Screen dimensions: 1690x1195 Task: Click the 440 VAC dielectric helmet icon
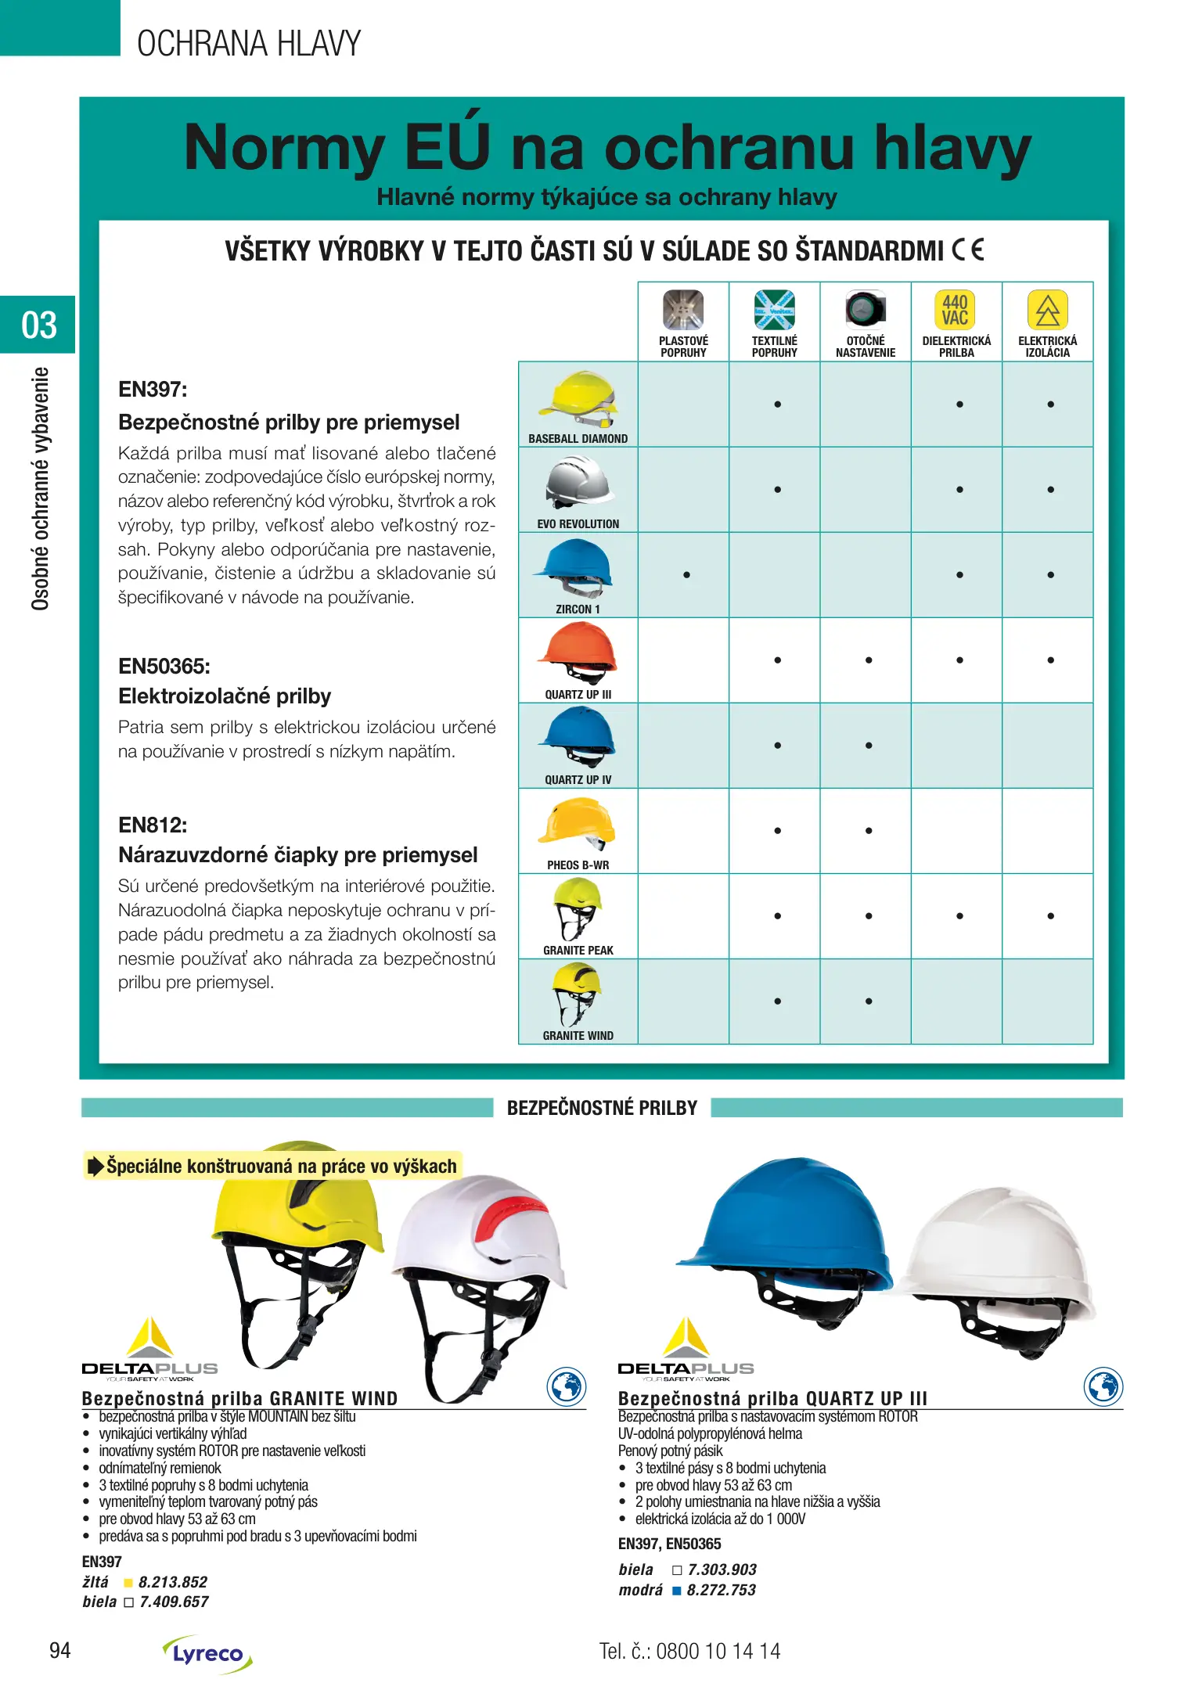coord(956,310)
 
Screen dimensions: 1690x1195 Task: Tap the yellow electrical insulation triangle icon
coord(1047,310)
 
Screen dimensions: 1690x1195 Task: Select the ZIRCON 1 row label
coord(578,609)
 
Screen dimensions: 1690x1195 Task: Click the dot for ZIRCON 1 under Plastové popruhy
coord(686,575)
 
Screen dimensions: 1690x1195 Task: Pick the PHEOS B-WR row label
coord(578,865)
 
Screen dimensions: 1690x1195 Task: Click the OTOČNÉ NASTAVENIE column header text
coord(865,347)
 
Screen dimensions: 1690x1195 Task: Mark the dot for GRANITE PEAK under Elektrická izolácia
coord(1050,915)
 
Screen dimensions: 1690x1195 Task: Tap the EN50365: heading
coord(164,666)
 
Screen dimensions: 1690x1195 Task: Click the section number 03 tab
coord(38,325)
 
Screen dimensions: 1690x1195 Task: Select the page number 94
coord(60,1650)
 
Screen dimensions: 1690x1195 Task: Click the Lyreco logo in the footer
coord(207,1654)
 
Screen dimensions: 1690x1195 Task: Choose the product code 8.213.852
coord(173,1582)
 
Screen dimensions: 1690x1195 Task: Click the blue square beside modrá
coord(677,1591)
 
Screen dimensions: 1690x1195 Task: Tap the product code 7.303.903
coord(722,1570)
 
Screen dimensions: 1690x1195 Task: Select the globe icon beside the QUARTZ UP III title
coord(1103,1386)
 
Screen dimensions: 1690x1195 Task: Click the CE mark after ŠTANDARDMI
coord(968,250)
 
